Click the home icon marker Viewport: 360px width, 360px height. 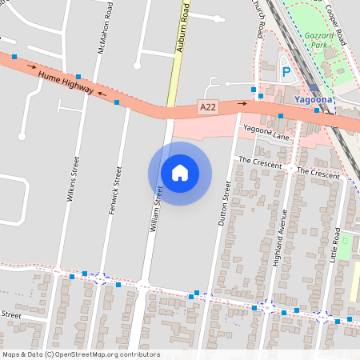(x=180, y=173)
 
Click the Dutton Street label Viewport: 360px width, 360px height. (x=225, y=205)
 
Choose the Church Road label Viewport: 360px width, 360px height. (x=260, y=18)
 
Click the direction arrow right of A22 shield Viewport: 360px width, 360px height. (x=242, y=103)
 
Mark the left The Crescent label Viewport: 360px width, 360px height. (x=260, y=162)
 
